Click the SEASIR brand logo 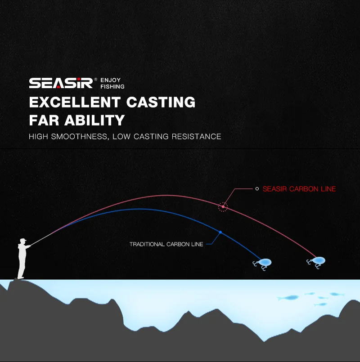[x=61, y=83]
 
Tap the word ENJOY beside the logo [x=110, y=80]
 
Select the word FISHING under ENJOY [x=112, y=87]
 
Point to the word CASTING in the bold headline [x=161, y=102]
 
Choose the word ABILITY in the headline [x=94, y=120]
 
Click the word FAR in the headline [x=44, y=120]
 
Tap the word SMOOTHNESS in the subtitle [x=79, y=136]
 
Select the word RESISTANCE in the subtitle [x=196, y=136]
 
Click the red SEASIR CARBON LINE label [x=299, y=189]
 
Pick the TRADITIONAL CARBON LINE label [x=166, y=244]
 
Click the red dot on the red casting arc [x=223, y=207]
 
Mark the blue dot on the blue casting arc [x=220, y=232]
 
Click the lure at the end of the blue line [x=262, y=264]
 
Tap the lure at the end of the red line [x=316, y=262]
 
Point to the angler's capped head [x=23, y=241]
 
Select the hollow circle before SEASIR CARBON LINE [x=257, y=189]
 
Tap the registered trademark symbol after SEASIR [x=96, y=79]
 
